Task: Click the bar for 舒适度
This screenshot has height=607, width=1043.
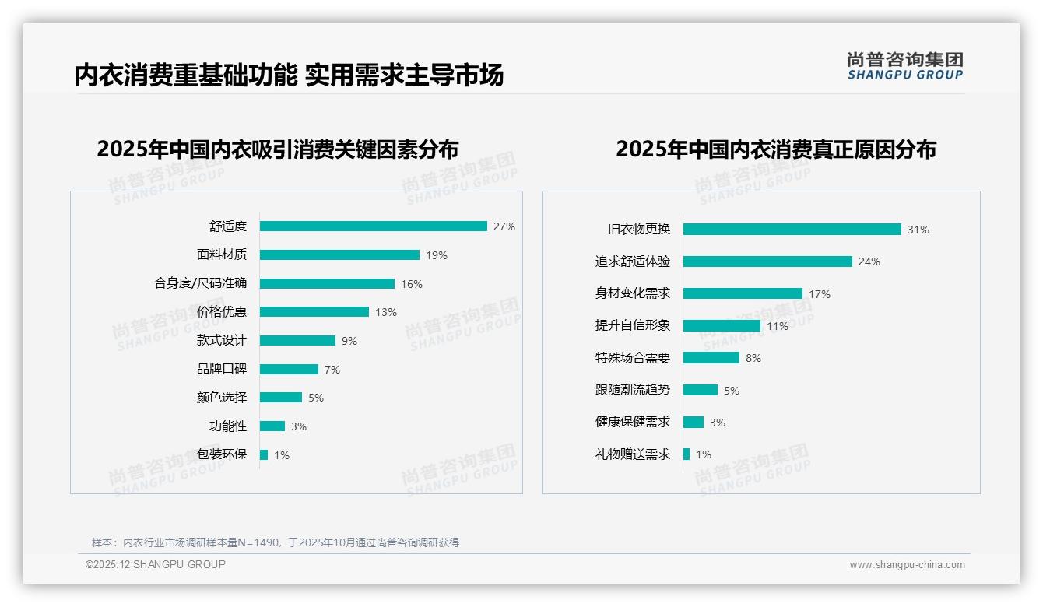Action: (373, 226)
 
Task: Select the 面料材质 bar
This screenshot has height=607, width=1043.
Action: (339, 254)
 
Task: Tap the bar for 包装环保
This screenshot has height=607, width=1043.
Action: (264, 454)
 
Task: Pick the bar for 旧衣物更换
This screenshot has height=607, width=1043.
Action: (792, 230)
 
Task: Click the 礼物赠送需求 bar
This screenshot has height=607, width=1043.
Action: (687, 454)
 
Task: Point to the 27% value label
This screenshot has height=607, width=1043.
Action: (504, 226)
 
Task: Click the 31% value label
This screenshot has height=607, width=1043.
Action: (918, 230)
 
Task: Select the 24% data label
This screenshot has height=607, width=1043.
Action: (869, 261)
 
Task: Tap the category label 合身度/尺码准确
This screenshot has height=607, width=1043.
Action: (200, 283)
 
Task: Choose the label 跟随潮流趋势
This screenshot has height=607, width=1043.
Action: (632, 389)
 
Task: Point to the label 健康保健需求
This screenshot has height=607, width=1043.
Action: (632, 422)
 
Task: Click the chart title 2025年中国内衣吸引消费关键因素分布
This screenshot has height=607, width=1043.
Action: (277, 149)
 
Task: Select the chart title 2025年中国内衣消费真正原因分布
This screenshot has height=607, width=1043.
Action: (775, 149)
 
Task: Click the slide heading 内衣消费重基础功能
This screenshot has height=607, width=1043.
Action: (185, 75)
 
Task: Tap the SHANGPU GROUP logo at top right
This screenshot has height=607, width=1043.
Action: (904, 66)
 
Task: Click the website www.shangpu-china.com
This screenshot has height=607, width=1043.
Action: (907, 565)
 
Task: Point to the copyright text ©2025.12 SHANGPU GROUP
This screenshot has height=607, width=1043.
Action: (155, 564)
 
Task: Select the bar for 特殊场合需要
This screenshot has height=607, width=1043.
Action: (711, 357)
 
